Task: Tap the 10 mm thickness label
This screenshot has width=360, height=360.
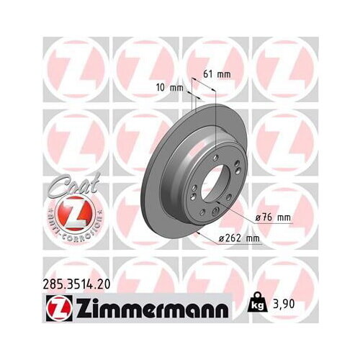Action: (x=169, y=86)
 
